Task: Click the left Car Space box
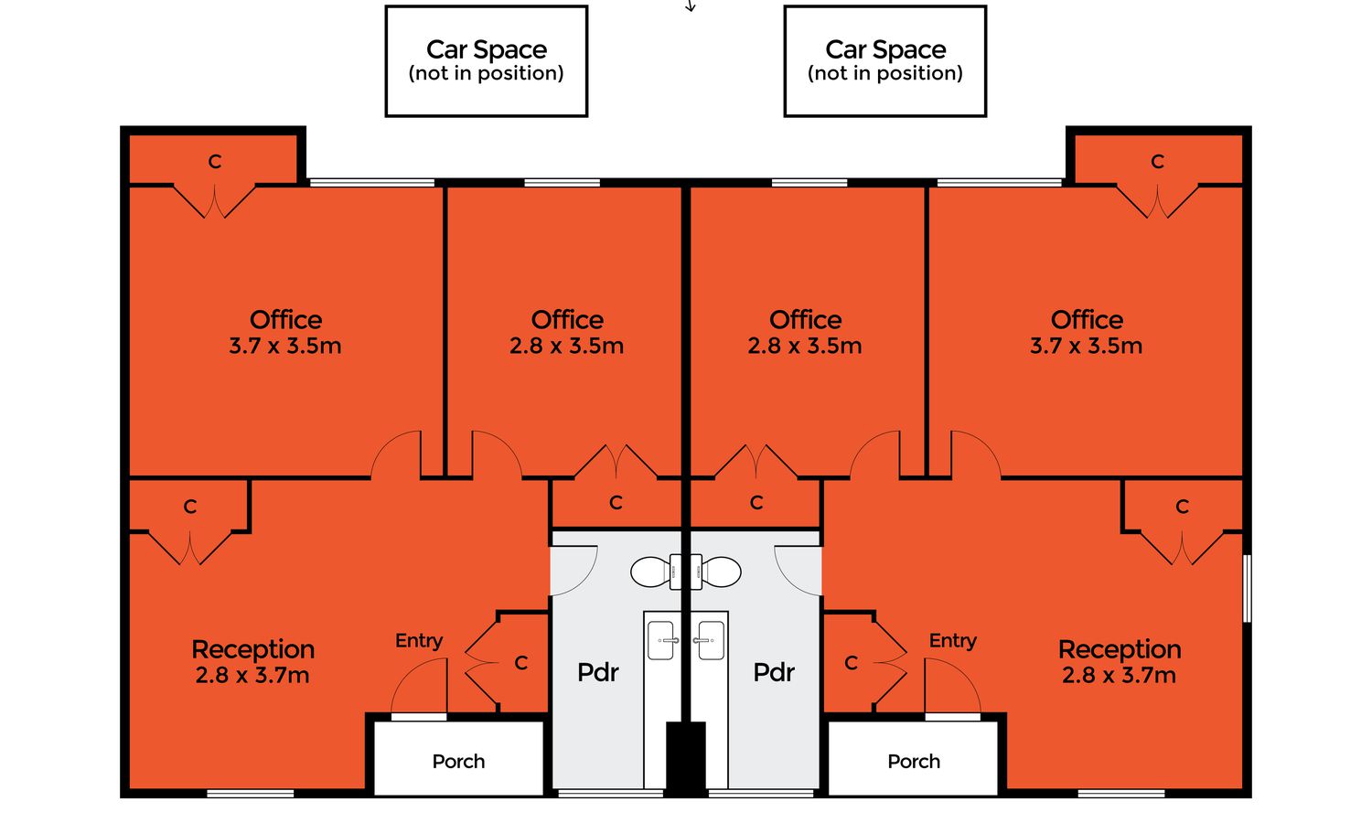point(487,61)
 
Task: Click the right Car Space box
point(885,61)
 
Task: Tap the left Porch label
point(458,761)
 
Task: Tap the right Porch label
point(914,761)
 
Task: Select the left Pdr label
point(598,672)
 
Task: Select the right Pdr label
point(774,672)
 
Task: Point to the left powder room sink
point(661,640)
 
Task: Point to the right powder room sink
point(710,640)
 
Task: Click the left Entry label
point(419,641)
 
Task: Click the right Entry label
point(953,641)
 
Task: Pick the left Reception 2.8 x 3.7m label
point(253,662)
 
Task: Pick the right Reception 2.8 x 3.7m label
point(1120,662)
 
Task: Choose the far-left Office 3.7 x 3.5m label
point(285,333)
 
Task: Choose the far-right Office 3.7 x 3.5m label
point(1087,333)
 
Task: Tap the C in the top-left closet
point(214,162)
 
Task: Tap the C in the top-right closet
point(1157,162)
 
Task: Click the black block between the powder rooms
point(686,758)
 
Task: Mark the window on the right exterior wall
point(1247,589)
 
